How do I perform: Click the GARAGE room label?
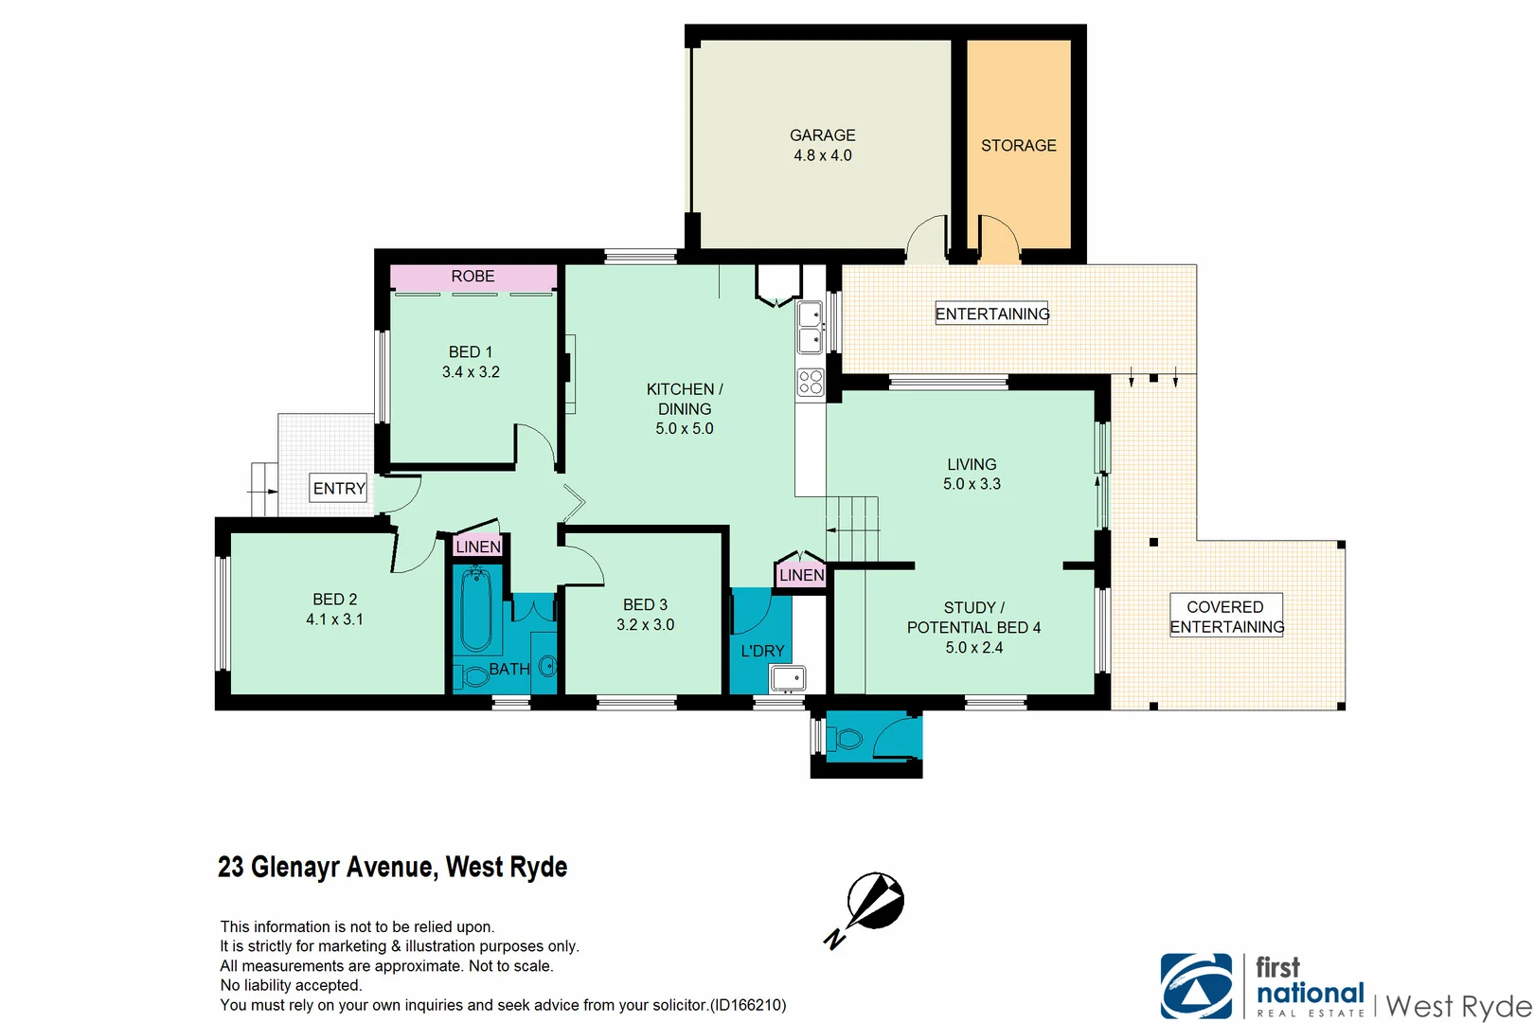[x=822, y=135]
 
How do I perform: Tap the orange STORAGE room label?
[x=1018, y=145]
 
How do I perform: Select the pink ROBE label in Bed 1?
[x=473, y=277]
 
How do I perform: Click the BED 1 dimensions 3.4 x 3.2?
[x=471, y=372]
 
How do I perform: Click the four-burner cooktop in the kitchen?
[x=811, y=382]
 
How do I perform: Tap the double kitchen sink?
[x=810, y=327]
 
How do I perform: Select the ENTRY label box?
[x=339, y=489]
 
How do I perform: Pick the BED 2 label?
[x=335, y=600]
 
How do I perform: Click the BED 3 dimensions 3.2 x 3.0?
[x=645, y=625]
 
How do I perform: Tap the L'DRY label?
[x=762, y=651]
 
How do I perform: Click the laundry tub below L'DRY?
[x=788, y=678]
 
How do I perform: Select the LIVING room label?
[x=972, y=464]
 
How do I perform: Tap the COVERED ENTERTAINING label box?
[x=1226, y=616]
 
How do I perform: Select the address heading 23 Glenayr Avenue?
[x=392, y=867]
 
